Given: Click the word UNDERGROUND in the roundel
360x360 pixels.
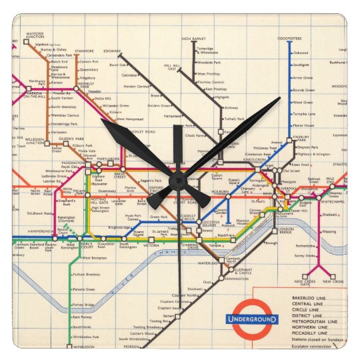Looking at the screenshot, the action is click(252, 320).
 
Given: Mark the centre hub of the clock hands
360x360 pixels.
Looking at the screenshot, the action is click(179, 180).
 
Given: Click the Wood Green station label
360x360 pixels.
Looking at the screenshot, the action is click(303, 102).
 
